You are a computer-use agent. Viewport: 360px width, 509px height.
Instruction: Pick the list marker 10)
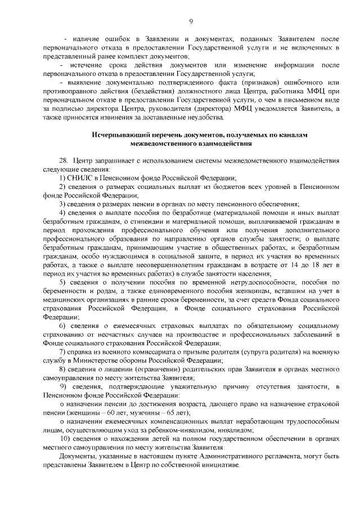65,438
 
